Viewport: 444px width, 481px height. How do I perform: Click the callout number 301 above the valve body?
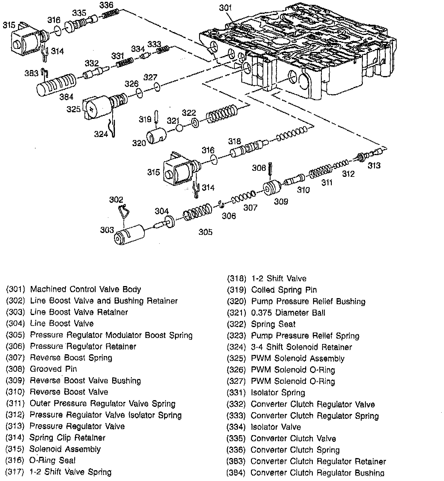(225, 8)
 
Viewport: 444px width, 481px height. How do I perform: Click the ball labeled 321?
(179, 128)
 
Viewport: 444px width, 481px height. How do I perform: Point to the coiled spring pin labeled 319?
(156, 116)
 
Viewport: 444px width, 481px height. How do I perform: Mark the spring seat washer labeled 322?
(195, 123)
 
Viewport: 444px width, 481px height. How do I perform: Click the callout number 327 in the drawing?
(150, 77)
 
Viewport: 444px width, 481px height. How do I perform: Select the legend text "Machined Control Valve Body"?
(85, 289)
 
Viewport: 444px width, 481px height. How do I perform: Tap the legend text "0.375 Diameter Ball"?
(288, 313)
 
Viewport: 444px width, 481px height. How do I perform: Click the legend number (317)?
(15, 472)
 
